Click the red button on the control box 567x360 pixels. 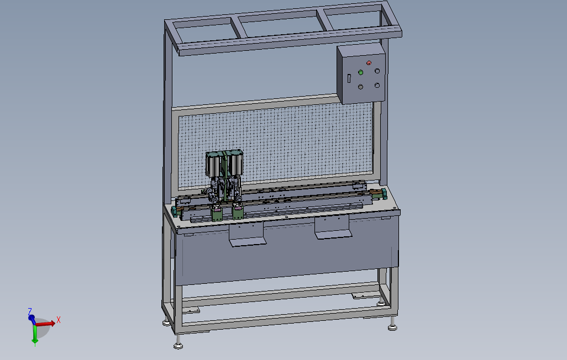pos(369,63)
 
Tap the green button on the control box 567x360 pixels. pos(360,73)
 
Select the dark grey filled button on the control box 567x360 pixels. pos(360,87)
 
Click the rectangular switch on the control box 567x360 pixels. pos(349,78)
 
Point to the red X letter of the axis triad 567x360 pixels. pos(59,320)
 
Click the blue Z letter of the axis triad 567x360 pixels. pos(30,311)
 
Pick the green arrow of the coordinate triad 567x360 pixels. pos(35,334)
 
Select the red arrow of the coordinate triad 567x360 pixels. pos(45,324)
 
